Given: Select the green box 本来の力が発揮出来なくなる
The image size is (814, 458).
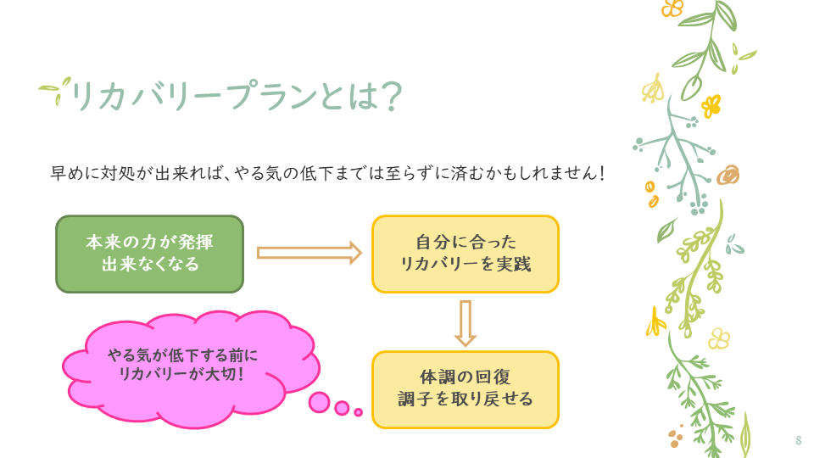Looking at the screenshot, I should tap(149, 254).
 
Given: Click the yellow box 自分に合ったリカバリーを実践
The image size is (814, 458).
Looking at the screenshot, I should tap(466, 254).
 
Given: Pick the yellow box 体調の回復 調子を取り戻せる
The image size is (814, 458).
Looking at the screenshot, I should tap(466, 388).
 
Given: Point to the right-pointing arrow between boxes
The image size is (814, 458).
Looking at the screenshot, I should tap(309, 252).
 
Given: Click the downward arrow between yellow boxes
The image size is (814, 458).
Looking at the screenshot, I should tap(465, 322).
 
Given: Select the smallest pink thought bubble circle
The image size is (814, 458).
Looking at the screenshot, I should tap(358, 412).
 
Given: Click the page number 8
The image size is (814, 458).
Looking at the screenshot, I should tap(798, 440).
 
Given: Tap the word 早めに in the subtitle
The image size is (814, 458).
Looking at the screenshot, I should tap(75, 173).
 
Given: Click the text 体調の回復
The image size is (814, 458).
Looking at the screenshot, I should tap(466, 376).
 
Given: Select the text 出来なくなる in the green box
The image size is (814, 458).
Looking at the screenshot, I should tap(150, 265).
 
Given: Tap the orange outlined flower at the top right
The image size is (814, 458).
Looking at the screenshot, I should tap(672, 8).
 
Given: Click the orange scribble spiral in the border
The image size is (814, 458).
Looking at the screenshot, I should tap(728, 176).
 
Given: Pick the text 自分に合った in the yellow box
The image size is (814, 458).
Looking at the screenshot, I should tap(466, 242).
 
